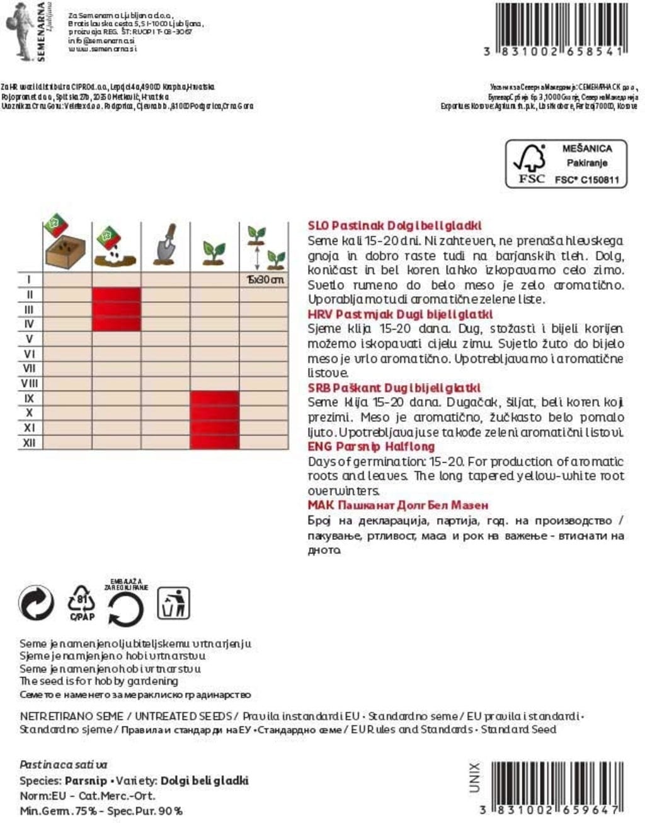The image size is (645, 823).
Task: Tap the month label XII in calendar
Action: point(29,443)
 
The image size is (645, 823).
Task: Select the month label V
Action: point(29,339)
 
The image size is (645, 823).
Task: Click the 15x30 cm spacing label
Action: point(265,280)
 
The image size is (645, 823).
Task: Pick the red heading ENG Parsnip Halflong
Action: point(371,446)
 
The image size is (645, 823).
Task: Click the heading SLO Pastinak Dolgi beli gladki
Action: point(395,225)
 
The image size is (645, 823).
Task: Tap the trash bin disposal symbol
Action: point(173,603)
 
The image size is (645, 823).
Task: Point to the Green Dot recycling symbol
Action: point(37,603)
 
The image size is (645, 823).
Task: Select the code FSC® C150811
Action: point(586,180)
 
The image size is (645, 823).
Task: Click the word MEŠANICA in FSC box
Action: point(586,149)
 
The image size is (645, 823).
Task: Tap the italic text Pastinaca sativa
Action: point(64,765)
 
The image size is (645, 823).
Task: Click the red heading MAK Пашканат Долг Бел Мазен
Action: point(398,505)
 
